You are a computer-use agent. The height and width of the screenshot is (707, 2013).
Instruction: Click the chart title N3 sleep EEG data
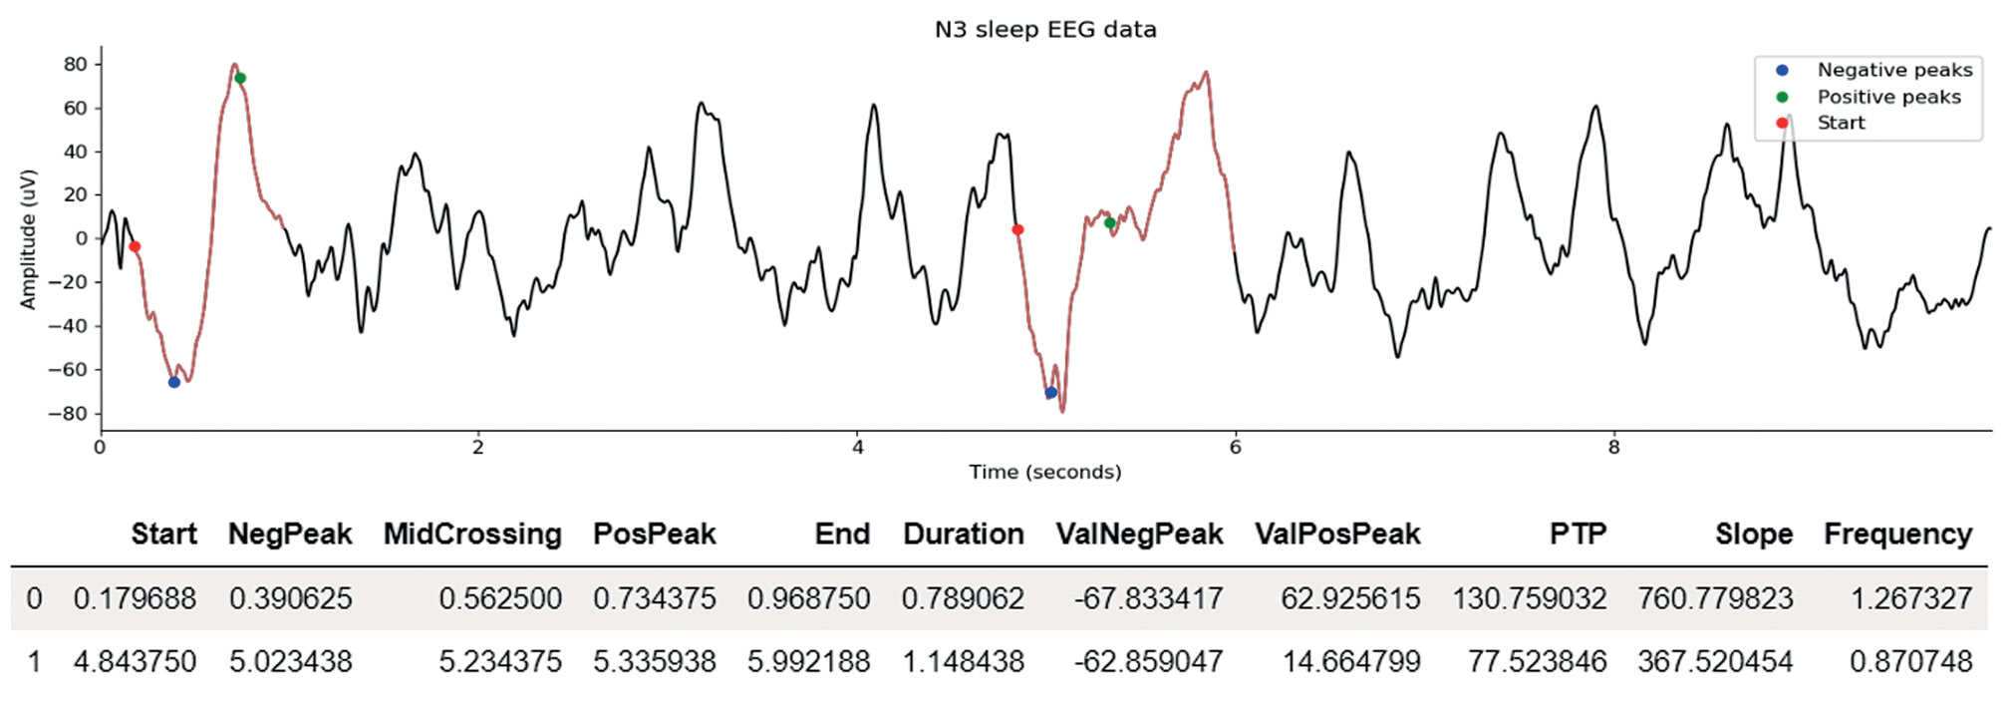point(1045,30)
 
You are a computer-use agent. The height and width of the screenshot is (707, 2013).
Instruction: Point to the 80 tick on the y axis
point(76,64)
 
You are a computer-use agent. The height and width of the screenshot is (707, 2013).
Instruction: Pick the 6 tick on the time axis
point(1236,448)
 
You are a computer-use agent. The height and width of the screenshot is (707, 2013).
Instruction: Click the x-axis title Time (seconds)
point(1045,472)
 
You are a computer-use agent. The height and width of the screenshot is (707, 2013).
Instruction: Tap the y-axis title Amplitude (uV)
point(28,239)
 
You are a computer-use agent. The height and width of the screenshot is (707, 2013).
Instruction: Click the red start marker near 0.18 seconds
point(135,246)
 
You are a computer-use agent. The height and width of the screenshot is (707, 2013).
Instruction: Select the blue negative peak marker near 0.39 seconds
point(174,382)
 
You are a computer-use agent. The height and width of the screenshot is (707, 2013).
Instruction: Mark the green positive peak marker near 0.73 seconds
point(240,78)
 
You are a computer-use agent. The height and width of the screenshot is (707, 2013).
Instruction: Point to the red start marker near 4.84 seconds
point(1017,230)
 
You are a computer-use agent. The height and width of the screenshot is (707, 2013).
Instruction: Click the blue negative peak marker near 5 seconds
point(1051,393)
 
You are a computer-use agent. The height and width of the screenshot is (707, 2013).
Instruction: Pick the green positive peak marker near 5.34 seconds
point(1110,222)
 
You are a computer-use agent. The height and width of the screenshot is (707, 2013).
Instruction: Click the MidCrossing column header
point(472,534)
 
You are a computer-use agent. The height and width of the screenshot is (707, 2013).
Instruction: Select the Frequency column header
point(1897,534)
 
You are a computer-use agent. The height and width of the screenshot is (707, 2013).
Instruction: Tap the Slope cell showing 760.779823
point(1715,598)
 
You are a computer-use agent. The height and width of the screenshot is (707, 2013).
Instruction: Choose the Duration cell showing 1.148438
point(963,661)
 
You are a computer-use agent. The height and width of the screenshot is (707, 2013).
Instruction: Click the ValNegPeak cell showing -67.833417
point(1148,598)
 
